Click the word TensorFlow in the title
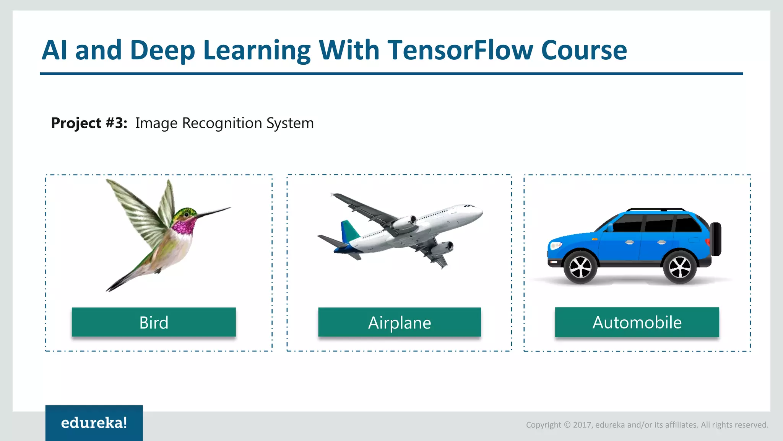coord(460,50)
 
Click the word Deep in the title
coord(162,50)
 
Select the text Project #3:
coord(89,123)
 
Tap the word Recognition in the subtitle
coord(222,123)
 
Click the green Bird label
coord(154,322)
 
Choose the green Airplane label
coord(400,322)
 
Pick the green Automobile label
coord(637,322)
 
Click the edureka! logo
coord(94,423)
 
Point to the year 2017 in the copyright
coord(582,425)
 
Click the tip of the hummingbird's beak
coord(230,208)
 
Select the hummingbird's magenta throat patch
coord(184,226)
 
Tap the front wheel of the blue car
coord(580,267)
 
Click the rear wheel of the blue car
coord(679,267)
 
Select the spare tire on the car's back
coord(716,239)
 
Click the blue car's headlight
coord(555,245)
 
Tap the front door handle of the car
coord(629,242)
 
